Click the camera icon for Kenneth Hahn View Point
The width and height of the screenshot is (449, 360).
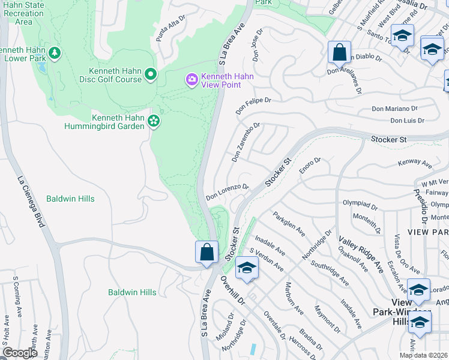[x=191, y=79]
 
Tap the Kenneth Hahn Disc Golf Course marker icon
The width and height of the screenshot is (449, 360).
[x=150, y=74]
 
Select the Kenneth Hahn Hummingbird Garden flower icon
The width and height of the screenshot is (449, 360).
[x=154, y=121]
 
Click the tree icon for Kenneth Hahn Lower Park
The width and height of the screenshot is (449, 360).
[x=55, y=53]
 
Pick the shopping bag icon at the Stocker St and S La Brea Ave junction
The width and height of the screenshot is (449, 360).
[x=206, y=252]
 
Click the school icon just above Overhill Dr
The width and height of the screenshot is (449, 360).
[x=246, y=268]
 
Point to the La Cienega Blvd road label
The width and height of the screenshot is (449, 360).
[x=32, y=202]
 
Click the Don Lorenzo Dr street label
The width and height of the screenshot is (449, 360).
[x=228, y=191]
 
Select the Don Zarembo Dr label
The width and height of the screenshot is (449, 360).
[x=246, y=143]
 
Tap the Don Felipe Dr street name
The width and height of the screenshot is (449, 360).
[x=253, y=107]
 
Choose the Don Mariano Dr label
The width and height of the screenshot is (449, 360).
[x=394, y=109]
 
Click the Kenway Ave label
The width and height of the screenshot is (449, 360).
[x=415, y=163]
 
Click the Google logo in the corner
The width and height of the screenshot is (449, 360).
[x=20, y=353]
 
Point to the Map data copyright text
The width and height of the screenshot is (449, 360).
[x=424, y=355]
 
